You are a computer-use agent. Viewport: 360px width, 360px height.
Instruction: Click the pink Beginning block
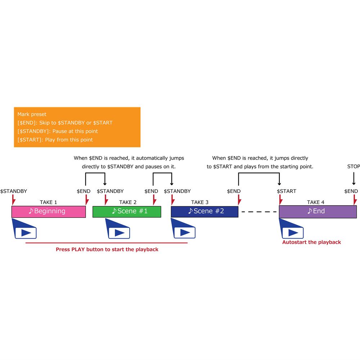tap(49, 211)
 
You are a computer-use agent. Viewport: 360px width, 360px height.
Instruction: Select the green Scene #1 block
tap(127, 211)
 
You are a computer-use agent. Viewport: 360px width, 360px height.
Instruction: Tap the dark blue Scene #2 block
tap(204, 211)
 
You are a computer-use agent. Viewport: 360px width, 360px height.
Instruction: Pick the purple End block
tap(318, 211)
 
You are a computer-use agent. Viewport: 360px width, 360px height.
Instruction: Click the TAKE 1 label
tap(48, 202)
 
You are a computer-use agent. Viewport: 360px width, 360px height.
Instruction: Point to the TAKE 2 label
tap(128, 202)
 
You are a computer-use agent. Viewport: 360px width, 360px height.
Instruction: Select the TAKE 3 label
tap(200, 202)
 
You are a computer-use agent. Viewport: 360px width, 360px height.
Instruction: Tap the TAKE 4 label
tap(316, 202)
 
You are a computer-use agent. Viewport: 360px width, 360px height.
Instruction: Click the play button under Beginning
tap(26, 233)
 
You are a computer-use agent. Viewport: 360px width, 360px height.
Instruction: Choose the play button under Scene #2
tap(184, 233)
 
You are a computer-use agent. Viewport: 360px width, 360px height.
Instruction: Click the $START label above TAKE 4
tap(287, 191)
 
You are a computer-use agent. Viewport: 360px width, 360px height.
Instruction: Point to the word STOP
tap(354, 167)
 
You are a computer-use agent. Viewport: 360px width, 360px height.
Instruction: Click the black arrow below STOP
tap(354, 179)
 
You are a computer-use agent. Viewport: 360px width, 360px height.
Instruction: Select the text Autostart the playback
tap(311, 242)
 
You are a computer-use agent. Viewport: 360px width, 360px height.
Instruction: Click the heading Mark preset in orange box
tap(32, 114)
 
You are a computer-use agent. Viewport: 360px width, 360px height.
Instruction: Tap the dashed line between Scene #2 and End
tap(258, 212)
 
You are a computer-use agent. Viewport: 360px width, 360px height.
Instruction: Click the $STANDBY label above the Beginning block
tap(14, 191)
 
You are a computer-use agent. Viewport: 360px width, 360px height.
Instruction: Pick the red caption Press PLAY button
tap(107, 249)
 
